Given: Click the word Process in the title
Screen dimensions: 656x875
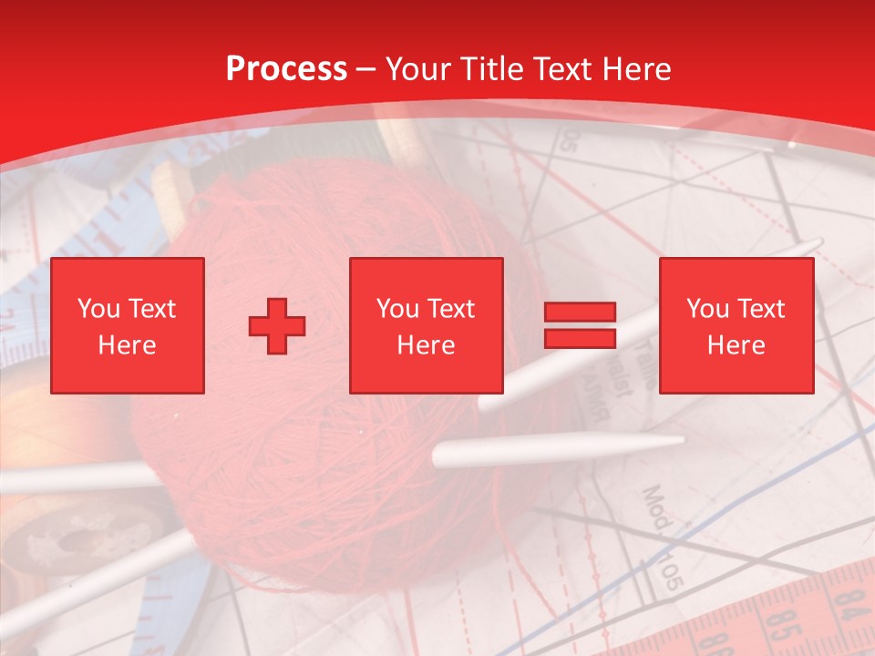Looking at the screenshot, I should click(286, 69).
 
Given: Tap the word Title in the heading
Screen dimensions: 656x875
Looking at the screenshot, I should click(491, 69).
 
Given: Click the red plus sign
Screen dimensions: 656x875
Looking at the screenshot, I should click(277, 326).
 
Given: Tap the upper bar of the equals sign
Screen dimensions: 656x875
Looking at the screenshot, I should click(580, 313).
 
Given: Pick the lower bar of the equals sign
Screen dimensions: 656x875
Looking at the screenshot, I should click(580, 339).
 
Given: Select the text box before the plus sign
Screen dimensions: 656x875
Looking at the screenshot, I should click(128, 325).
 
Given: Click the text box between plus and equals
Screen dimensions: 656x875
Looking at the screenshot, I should click(426, 325).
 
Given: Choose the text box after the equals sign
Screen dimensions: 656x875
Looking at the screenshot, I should click(736, 325).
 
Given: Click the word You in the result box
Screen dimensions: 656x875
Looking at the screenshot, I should click(707, 309).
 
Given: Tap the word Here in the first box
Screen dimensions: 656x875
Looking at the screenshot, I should click(127, 345).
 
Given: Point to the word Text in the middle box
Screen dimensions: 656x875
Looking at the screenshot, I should click(451, 309).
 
